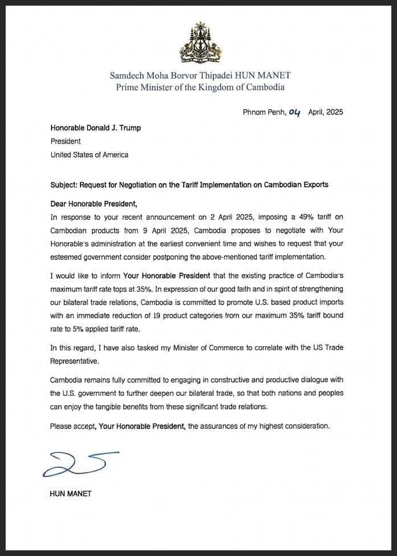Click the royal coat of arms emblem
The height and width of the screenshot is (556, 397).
click(200, 43)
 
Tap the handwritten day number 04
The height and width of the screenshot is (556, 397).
click(294, 112)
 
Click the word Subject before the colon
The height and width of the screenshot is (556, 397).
click(63, 185)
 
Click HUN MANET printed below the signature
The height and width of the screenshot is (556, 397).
click(70, 494)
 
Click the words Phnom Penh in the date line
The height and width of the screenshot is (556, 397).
click(261, 112)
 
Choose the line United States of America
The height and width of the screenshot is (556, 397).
click(89, 154)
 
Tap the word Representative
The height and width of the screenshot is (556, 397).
click(75, 360)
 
